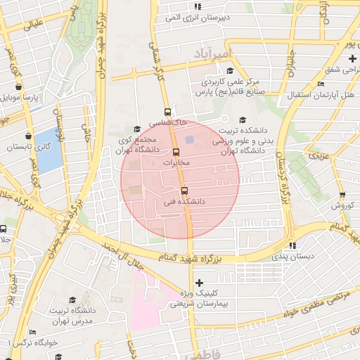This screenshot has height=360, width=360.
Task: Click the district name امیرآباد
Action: pos(210,53)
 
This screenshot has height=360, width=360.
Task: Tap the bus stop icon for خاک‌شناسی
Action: pos(167,112)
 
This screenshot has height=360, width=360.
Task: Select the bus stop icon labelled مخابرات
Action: pos(176,152)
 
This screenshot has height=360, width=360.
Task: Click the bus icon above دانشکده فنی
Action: pos(185,191)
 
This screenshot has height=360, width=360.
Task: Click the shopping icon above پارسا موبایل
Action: pos(18,87)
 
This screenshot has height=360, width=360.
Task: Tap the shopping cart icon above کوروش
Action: pos(342,195)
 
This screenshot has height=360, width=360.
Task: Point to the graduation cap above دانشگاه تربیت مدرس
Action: pos(72,300)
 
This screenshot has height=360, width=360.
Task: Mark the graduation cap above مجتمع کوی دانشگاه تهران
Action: pos(137,129)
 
